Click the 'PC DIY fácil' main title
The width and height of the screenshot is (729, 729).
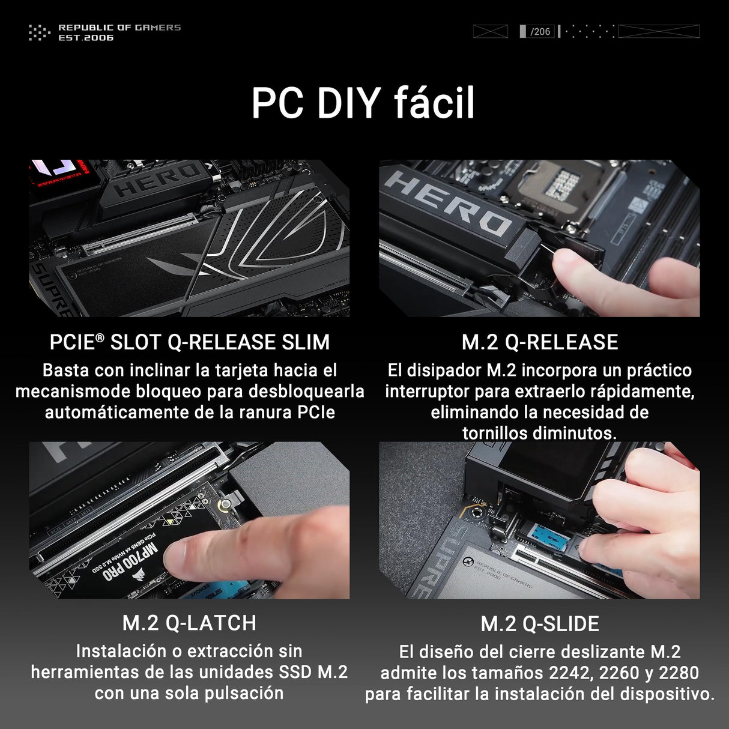[363, 103]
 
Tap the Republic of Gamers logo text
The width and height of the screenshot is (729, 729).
[119, 32]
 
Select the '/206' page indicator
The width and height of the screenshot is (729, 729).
[540, 31]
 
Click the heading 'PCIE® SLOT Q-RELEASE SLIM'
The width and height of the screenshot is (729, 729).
[190, 342]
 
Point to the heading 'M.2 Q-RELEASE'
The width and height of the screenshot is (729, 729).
[539, 342]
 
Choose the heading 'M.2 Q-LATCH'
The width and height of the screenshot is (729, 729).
[189, 623]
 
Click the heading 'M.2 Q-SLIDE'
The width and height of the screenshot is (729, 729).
[539, 624]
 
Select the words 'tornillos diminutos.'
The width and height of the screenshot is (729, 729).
[539, 433]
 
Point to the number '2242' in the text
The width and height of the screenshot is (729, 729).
[570, 673]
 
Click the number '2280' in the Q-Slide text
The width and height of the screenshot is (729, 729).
[679, 673]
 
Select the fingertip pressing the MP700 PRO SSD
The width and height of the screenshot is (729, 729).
[180, 555]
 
